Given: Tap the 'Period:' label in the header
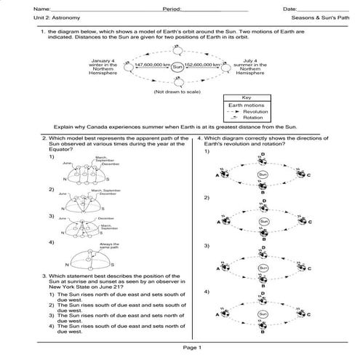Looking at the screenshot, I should click(172, 8).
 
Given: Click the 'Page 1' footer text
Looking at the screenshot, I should click(193, 349).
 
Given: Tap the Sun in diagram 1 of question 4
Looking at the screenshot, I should click(263, 175).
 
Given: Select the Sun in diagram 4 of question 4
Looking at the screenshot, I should click(263, 315).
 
